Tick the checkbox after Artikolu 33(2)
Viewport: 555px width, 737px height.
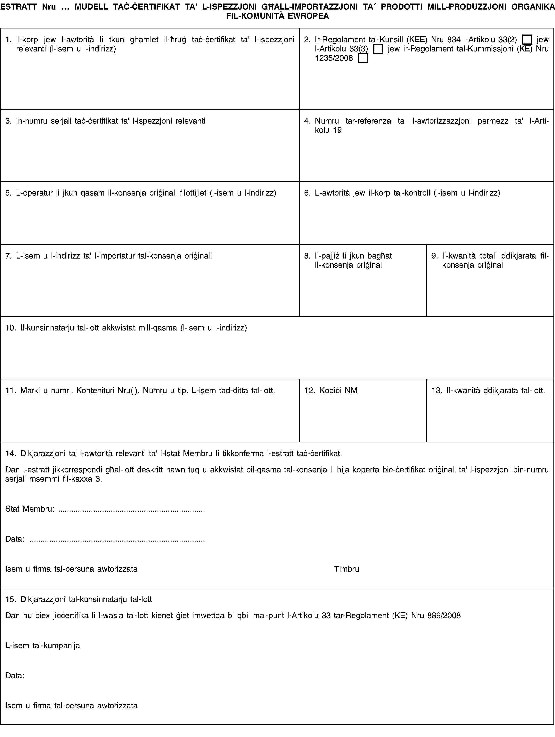(x=527, y=40)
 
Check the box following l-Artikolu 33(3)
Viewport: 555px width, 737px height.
(x=378, y=49)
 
